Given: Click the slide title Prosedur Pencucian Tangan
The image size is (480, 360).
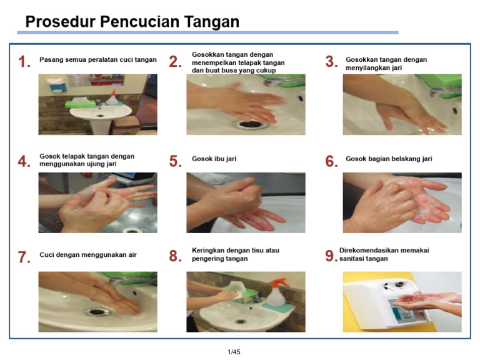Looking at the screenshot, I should click(x=132, y=22).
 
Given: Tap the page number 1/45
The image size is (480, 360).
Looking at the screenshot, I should click(x=234, y=352).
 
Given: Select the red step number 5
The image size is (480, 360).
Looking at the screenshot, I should click(x=175, y=161).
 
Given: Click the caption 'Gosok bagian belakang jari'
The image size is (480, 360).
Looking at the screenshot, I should click(x=389, y=159).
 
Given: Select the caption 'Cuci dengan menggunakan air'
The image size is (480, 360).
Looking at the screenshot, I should click(x=88, y=255).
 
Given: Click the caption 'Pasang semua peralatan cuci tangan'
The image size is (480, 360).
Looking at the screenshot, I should click(x=98, y=60).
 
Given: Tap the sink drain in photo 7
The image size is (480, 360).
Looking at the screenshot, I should click(x=96, y=311).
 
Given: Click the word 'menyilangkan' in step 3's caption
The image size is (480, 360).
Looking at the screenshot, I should click(x=367, y=68).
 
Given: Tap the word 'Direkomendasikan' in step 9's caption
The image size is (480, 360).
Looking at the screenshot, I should click(x=369, y=250).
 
